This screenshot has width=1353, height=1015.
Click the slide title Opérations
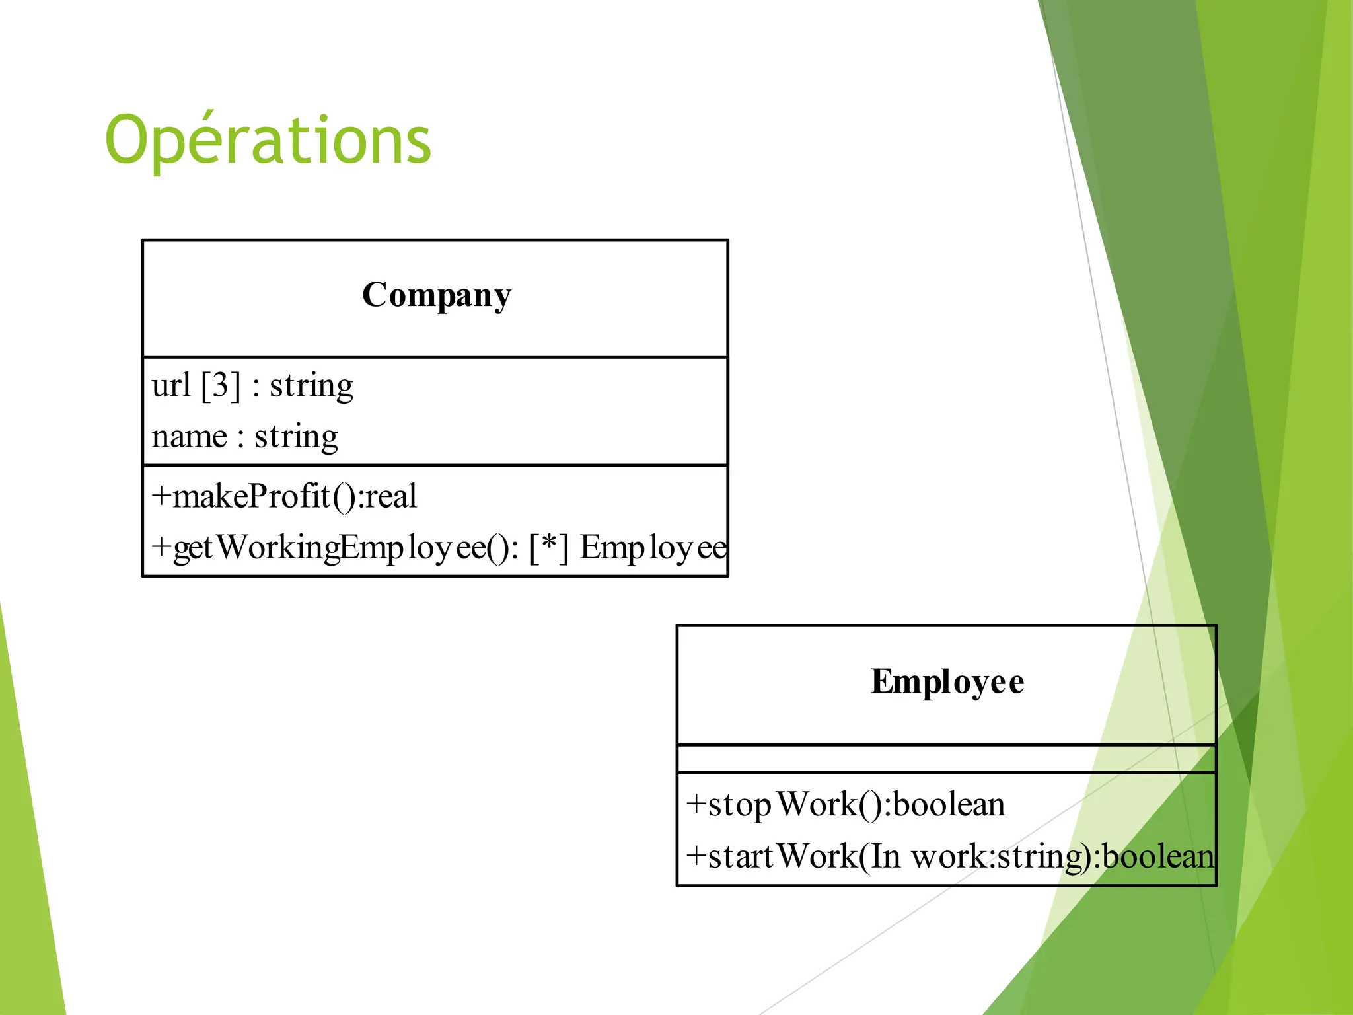coord(268,140)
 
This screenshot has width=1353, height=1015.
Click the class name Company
coord(436,295)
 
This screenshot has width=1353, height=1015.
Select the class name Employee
coord(947,681)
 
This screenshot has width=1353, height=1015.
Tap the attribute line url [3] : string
coord(252,385)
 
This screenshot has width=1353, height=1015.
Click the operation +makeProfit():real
coord(284,496)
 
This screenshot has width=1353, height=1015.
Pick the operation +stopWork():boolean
coord(846,805)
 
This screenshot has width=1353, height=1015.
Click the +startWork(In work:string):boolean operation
coord(949,856)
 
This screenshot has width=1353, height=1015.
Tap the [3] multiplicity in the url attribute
coord(221,385)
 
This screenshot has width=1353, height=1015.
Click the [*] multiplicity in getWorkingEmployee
coord(548,548)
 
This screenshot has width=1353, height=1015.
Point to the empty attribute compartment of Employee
coord(946,759)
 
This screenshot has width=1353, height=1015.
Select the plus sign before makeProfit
coord(161,496)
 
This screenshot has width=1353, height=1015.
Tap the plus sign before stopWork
coord(696,805)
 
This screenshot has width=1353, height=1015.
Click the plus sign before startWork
coord(696,856)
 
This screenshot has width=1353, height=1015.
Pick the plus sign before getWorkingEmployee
coord(161,548)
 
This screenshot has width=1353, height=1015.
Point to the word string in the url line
coord(311,385)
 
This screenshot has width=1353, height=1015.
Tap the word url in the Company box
coord(171,385)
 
